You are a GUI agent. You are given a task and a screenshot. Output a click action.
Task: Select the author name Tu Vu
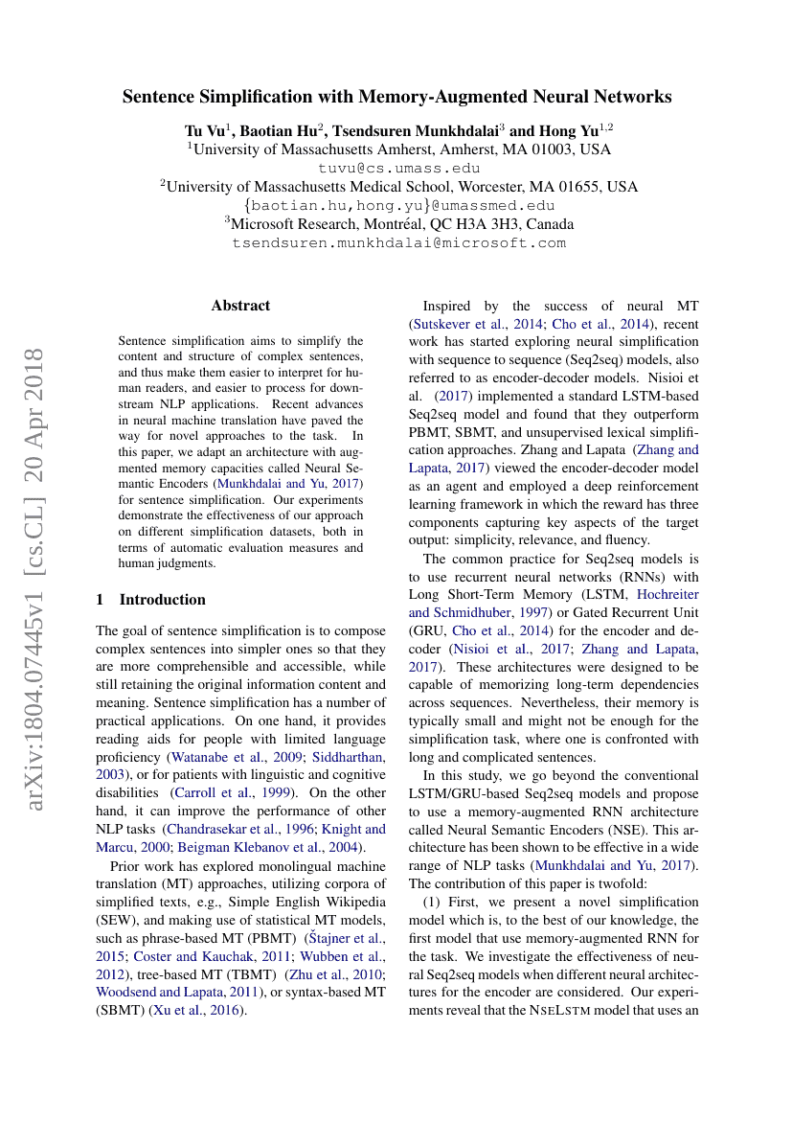(x=203, y=129)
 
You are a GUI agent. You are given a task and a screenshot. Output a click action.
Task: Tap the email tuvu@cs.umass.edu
(x=399, y=168)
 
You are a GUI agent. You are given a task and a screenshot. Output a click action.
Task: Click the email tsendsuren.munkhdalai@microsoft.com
(x=399, y=243)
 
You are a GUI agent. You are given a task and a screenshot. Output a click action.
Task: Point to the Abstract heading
(x=240, y=306)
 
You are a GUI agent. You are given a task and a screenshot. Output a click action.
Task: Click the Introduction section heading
(x=162, y=600)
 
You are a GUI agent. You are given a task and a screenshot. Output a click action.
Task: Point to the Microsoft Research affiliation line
(x=399, y=224)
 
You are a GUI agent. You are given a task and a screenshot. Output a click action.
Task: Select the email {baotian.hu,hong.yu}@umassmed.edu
(x=399, y=205)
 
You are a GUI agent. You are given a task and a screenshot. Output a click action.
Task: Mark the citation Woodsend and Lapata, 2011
(x=173, y=993)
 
